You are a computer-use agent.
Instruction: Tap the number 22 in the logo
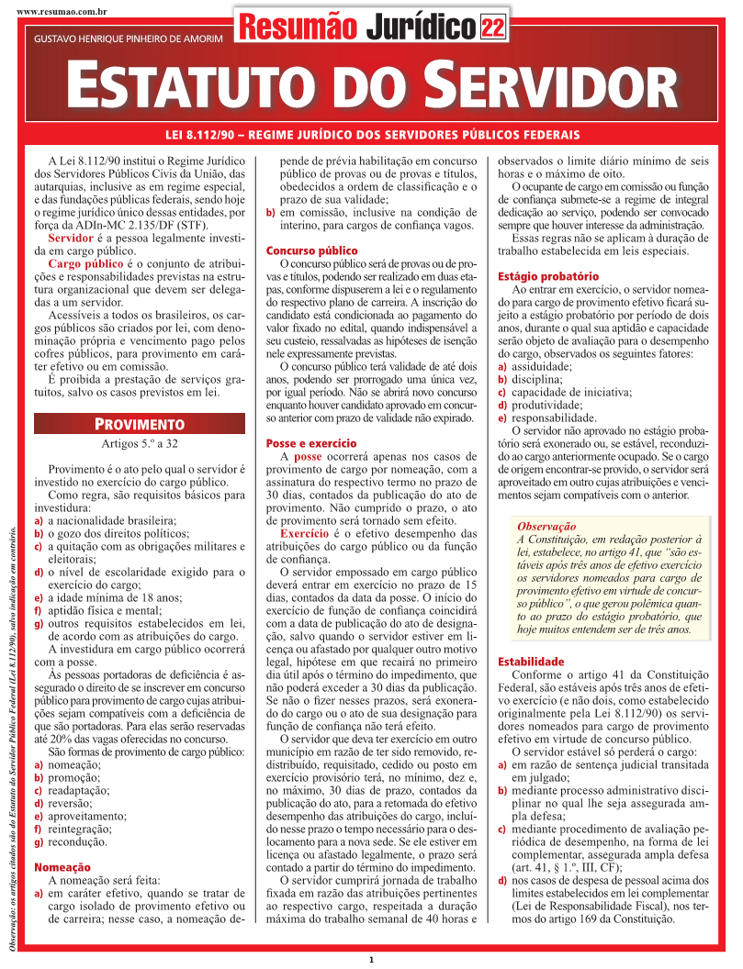(x=492, y=28)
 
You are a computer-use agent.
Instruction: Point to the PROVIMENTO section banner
(x=140, y=424)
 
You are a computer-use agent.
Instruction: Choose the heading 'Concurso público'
(x=311, y=251)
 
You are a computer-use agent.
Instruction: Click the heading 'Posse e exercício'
(x=311, y=444)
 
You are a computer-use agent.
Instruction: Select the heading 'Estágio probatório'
(x=547, y=276)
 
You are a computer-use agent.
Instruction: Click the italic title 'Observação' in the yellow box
(x=546, y=526)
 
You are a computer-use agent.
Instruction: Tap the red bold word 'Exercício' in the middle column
(x=303, y=534)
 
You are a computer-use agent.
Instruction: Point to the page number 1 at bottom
(x=371, y=960)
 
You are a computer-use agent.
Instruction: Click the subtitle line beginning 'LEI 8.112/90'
(x=371, y=135)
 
